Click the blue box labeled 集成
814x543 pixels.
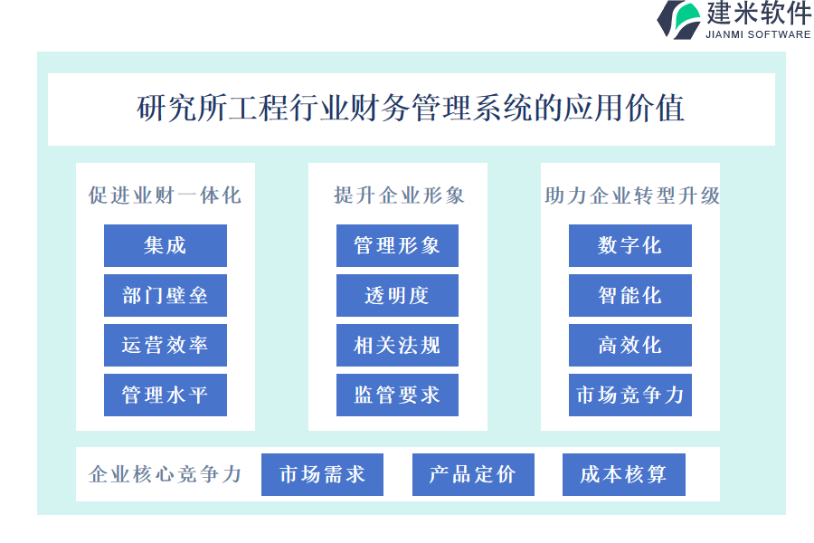click(166, 245)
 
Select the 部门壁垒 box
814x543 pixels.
click(166, 295)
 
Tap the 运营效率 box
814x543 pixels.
click(166, 345)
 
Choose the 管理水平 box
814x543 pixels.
click(166, 395)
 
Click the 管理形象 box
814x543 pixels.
click(397, 245)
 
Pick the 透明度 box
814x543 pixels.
click(397, 295)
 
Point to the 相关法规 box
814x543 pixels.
click(397, 345)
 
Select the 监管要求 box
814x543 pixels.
click(397, 395)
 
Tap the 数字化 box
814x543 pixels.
click(630, 245)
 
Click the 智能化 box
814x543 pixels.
click(630, 295)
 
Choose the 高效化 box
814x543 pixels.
click(630, 345)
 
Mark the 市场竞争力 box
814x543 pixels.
click(630, 395)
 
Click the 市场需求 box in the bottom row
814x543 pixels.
click(322, 474)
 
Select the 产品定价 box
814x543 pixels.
click(473, 474)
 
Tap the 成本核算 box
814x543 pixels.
click(624, 474)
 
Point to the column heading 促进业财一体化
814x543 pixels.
click(166, 195)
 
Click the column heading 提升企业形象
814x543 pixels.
click(399, 195)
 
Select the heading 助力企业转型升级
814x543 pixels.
click(632, 195)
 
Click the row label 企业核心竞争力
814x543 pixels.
click(166, 474)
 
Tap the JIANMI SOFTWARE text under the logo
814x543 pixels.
click(758, 34)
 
